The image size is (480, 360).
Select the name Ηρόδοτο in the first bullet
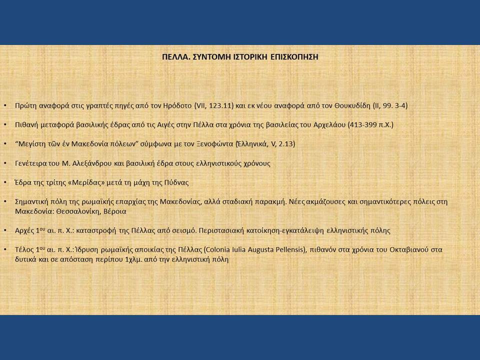(177, 106)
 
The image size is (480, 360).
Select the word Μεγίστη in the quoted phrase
(29, 144)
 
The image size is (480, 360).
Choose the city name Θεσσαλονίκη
(78, 211)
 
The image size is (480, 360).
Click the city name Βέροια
(115, 211)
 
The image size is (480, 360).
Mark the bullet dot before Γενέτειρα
(5, 163)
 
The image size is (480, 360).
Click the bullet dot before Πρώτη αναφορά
(5, 105)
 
